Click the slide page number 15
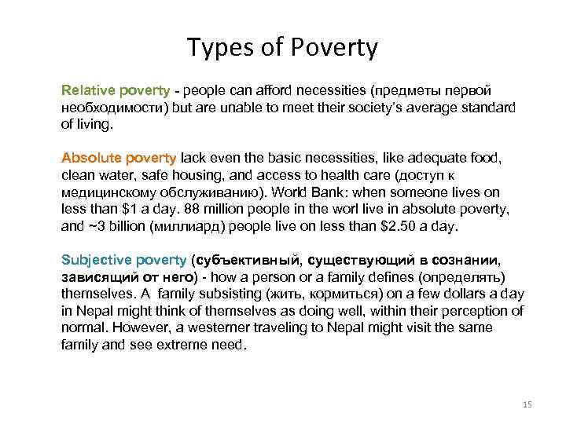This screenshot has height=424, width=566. (x=527, y=404)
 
